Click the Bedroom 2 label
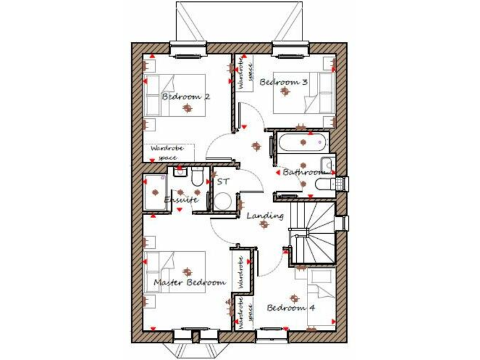tap(186, 97)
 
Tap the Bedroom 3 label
tap(284, 82)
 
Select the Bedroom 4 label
tap(291, 307)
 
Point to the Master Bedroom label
tap(189, 282)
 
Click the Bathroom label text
tap(304, 172)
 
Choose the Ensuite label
tap(181, 200)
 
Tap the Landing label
tap(265, 216)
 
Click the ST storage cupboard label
tap(223, 182)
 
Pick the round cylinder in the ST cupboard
tap(222, 201)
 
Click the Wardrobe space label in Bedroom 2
tap(169, 152)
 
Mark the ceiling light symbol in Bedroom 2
tap(186, 109)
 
